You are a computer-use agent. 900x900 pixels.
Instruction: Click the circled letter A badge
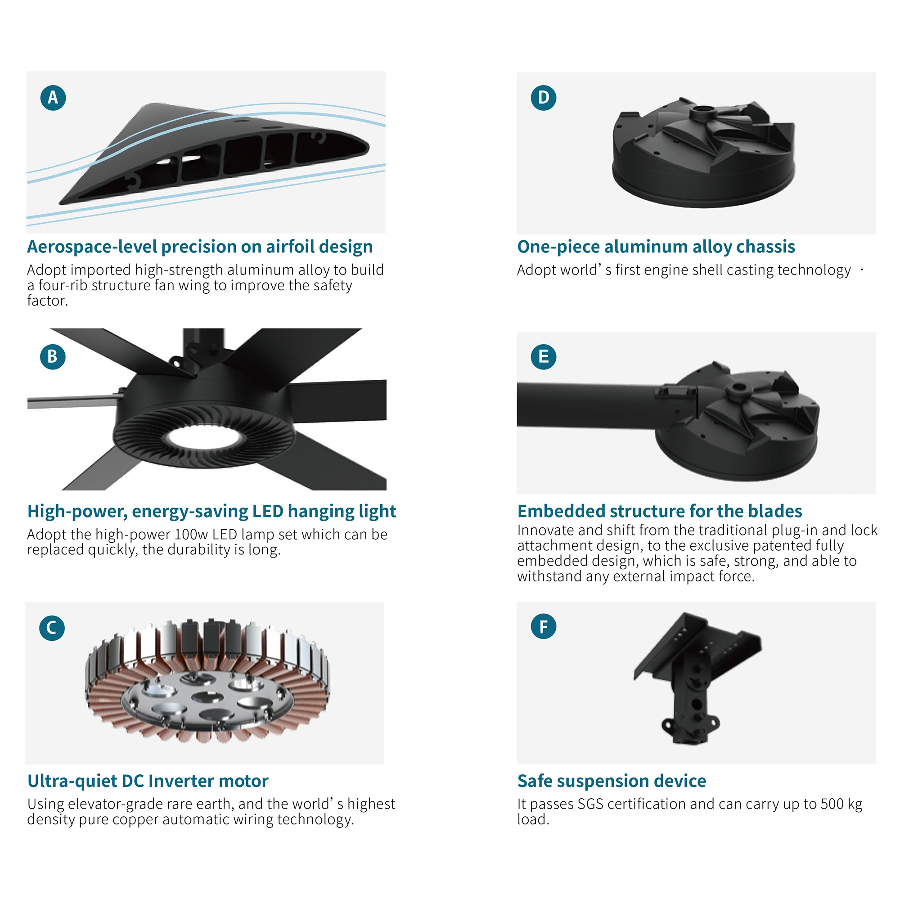53,98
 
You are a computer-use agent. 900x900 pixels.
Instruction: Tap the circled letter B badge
53,357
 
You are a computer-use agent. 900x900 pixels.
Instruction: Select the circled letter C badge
52,628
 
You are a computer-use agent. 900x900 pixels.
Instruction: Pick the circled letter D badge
544,98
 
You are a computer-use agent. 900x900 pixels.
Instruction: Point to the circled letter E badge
544,357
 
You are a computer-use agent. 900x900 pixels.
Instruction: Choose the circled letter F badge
544,626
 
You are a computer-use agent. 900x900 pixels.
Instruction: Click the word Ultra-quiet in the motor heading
72,781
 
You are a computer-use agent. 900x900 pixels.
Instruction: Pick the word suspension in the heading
613,781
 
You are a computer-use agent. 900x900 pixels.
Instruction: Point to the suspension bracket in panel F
697,678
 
